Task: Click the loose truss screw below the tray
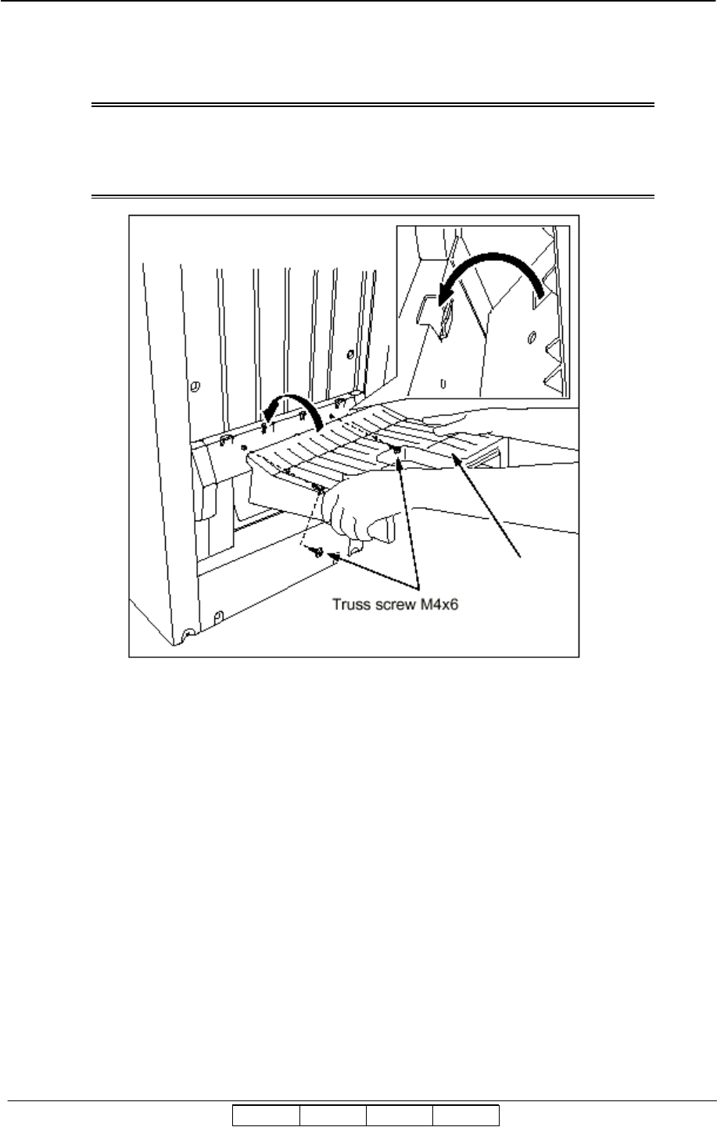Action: [x=317, y=552]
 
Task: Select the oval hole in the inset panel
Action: [x=532, y=338]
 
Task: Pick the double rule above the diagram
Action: [x=372, y=104]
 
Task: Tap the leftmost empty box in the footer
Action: [x=266, y=1114]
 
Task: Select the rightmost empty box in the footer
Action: [x=466, y=1114]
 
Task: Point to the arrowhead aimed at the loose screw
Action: [x=335, y=558]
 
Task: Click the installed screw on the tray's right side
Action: [x=399, y=451]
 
